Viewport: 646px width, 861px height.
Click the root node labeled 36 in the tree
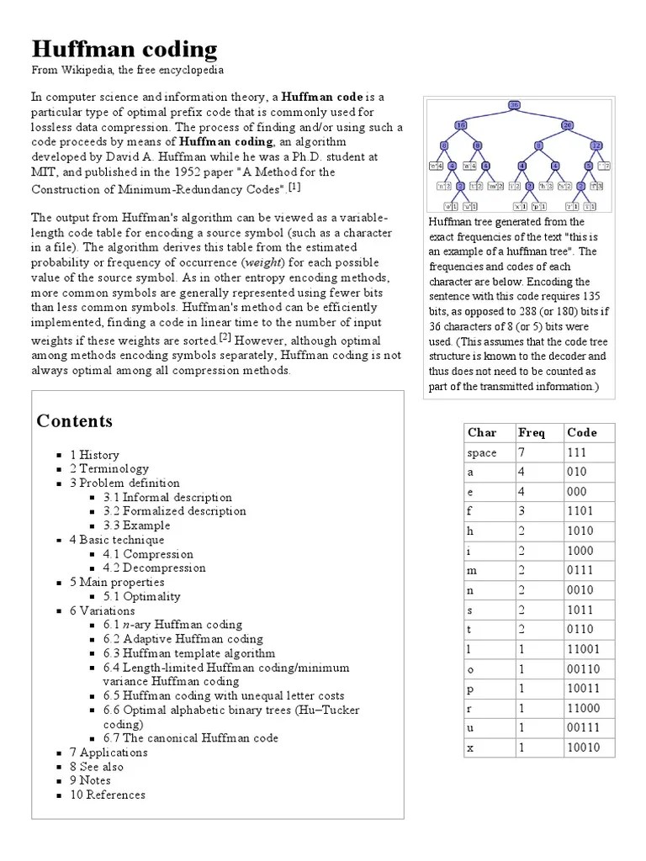click(x=514, y=105)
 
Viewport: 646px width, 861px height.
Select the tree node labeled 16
click(x=460, y=125)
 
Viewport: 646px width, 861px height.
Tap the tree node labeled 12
click(x=596, y=145)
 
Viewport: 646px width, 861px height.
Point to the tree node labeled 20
click(x=567, y=125)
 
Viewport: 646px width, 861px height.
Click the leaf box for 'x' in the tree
click(x=521, y=206)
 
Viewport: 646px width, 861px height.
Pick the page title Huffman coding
click(x=124, y=50)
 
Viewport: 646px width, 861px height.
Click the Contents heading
click(x=74, y=421)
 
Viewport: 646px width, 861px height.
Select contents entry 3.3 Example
click(x=136, y=526)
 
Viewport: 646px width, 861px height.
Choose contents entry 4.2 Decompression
click(x=154, y=568)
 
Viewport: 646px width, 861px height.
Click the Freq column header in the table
click(x=531, y=433)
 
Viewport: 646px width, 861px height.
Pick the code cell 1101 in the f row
click(x=580, y=510)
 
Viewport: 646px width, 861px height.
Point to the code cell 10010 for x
click(x=583, y=747)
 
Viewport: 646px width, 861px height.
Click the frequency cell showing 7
click(x=522, y=453)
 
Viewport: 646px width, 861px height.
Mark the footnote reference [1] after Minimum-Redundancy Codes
click(x=294, y=187)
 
